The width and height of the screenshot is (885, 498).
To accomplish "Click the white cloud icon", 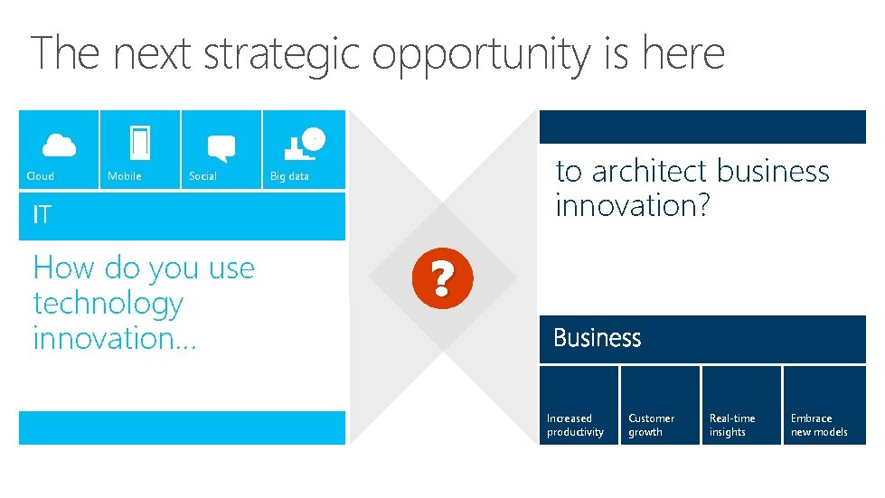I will (x=60, y=145).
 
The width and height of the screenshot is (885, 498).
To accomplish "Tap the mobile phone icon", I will (x=140, y=143).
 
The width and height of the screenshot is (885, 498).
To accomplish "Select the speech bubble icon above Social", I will (x=221, y=147).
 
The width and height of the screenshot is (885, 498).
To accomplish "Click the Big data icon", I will (x=303, y=143).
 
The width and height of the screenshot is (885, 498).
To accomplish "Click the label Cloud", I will (x=41, y=176).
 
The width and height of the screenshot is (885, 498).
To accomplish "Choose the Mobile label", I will (x=125, y=176).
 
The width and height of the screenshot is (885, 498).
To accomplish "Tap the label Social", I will (x=202, y=176).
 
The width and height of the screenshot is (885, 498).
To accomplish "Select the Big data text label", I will (x=289, y=176).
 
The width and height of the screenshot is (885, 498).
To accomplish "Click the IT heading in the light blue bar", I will (x=42, y=215).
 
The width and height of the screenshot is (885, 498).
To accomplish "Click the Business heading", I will (x=597, y=338).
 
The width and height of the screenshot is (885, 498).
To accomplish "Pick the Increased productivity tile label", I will (x=575, y=425).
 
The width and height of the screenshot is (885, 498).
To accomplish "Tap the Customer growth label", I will (x=651, y=425).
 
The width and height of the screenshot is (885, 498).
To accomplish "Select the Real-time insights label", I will (x=732, y=425).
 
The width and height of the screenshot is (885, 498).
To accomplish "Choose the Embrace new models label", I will (x=819, y=425).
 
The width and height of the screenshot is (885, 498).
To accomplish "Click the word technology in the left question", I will (x=108, y=305).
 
